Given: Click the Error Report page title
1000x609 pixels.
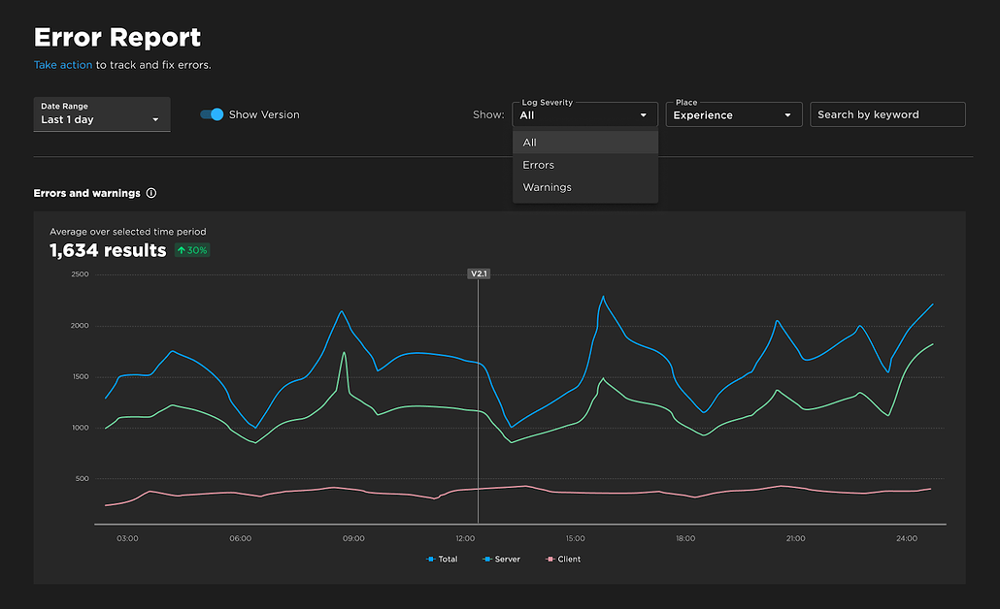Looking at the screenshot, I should pyautogui.click(x=117, y=38).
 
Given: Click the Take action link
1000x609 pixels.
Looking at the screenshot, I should pyautogui.click(x=63, y=65).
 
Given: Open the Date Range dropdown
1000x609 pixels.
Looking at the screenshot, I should pyautogui.click(x=102, y=114).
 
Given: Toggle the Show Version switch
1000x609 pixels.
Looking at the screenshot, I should pyautogui.click(x=212, y=114).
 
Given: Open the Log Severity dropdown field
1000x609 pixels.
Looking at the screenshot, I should pyautogui.click(x=584, y=114).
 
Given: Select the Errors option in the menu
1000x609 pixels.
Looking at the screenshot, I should pyautogui.click(x=539, y=165).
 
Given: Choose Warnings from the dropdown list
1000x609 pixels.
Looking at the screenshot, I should pyautogui.click(x=548, y=187).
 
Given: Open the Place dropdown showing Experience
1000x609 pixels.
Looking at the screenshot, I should pyautogui.click(x=733, y=114).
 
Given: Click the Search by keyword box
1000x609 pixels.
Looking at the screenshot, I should pyautogui.click(x=887, y=114).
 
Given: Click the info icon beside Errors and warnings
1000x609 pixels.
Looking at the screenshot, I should pyautogui.click(x=151, y=193).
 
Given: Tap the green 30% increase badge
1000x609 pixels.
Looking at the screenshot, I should pyautogui.click(x=192, y=250).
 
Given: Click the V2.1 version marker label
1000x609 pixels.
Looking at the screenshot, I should pyautogui.click(x=479, y=274).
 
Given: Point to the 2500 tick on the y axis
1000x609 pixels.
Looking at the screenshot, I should pyautogui.click(x=80, y=274).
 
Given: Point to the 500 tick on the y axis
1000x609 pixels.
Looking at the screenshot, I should pyautogui.click(x=83, y=479).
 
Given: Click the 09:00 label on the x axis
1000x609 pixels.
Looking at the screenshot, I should pyautogui.click(x=353, y=538).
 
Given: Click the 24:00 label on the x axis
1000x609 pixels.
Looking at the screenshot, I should pyautogui.click(x=907, y=538).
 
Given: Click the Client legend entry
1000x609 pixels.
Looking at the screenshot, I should pyautogui.click(x=564, y=560).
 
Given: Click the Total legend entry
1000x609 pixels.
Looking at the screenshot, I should pyautogui.click(x=443, y=560).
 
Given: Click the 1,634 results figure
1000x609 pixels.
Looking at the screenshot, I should pyautogui.click(x=108, y=250).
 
